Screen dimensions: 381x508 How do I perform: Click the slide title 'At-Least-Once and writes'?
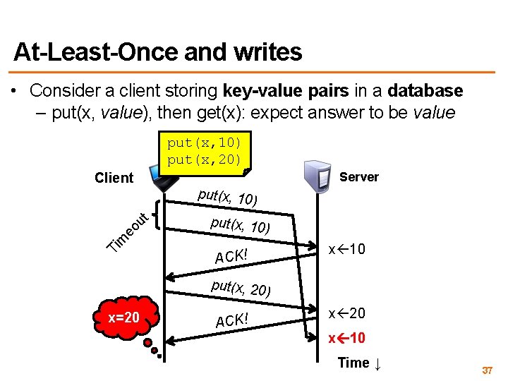coord(157,52)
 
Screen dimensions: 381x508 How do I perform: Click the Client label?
coord(114,178)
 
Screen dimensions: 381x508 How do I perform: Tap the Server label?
coord(359,177)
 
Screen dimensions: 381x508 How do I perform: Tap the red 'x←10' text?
coord(347,338)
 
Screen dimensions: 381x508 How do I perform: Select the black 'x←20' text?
coord(347,313)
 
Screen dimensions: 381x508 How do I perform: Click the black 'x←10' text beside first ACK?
coord(347,250)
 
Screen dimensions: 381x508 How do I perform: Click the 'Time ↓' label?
coord(360,363)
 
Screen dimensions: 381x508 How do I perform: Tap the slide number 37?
coord(486,370)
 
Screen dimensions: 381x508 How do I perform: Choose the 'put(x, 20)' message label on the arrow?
coord(241,288)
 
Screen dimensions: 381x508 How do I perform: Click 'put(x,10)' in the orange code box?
coord(204,143)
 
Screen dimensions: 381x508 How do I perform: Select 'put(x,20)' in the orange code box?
coord(204,159)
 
